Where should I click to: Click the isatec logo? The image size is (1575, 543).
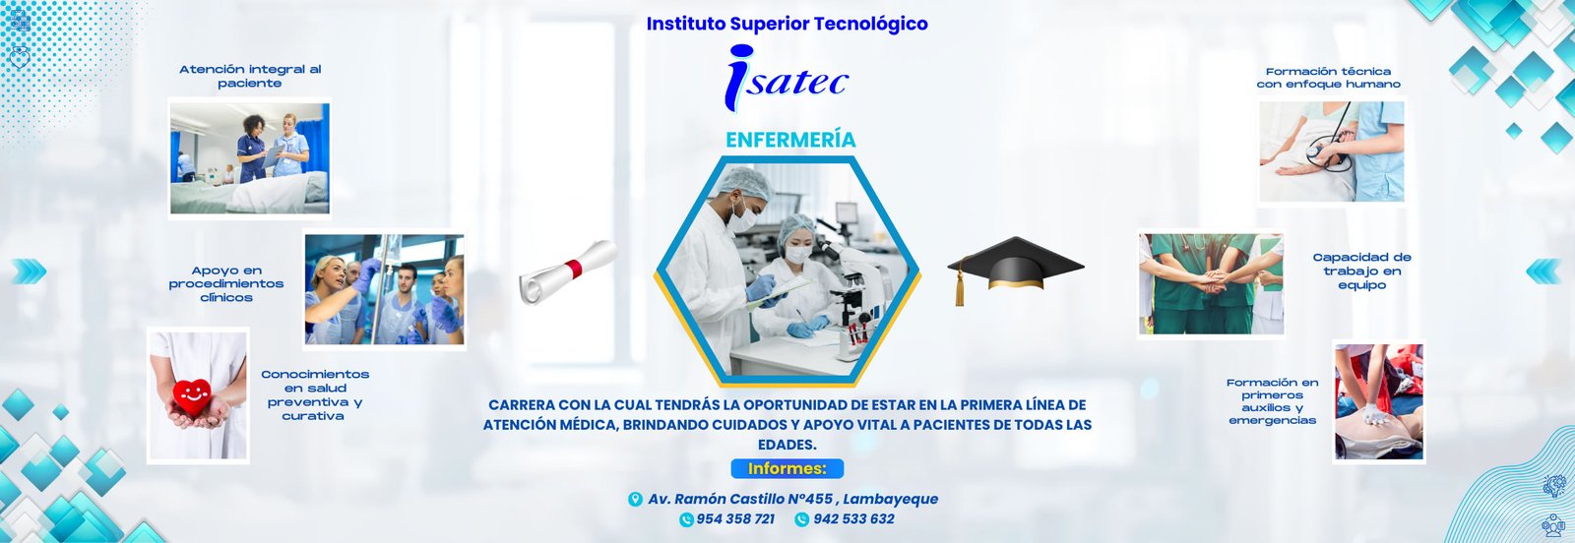tap(787, 78)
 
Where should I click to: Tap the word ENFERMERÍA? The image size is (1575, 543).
tap(790, 140)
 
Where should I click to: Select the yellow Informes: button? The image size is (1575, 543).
tap(787, 468)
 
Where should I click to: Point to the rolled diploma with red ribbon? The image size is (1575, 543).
tap(568, 271)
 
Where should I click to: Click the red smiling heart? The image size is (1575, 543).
tap(192, 396)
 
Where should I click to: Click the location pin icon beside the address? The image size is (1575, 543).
tap(635, 499)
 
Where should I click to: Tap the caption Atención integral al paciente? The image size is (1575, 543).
tap(250, 76)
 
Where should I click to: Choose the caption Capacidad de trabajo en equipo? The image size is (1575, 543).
tap(1362, 271)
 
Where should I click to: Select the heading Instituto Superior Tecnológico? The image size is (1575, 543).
tap(787, 24)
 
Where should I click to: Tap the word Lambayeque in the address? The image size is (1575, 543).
tap(890, 499)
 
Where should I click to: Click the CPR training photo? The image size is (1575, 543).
tap(1379, 401)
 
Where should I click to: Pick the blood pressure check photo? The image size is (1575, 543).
tap(1332, 151)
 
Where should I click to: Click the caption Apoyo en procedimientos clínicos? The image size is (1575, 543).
tap(226, 283)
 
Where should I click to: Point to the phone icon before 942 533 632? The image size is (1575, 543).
tap(801, 519)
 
